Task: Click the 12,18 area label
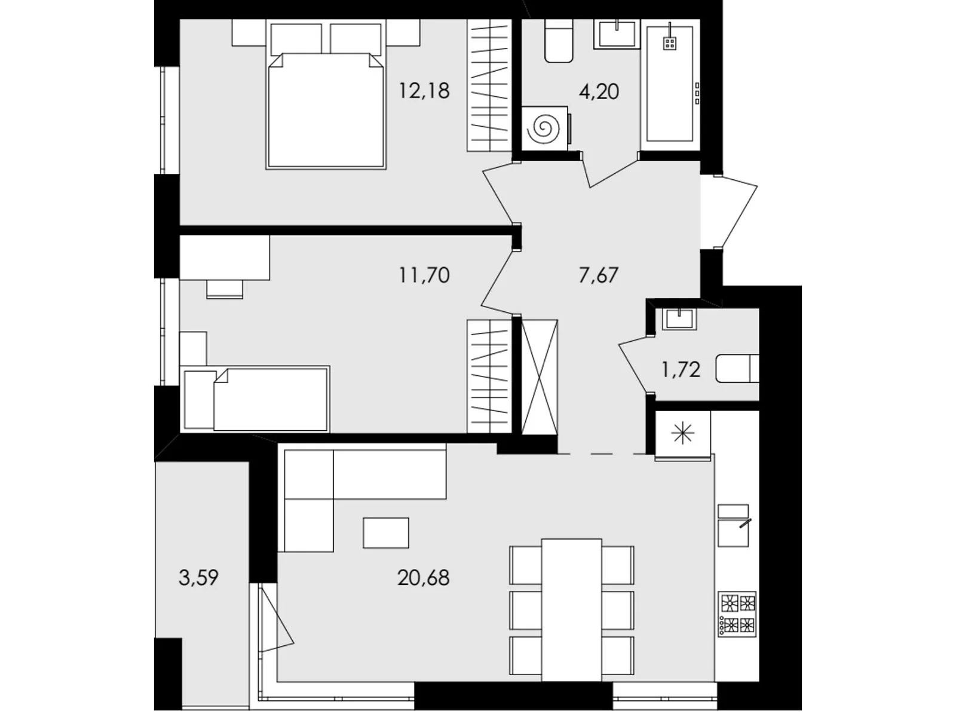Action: (x=424, y=91)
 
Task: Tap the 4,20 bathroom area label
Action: (x=599, y=91)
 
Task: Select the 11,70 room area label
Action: (x=424, y=275)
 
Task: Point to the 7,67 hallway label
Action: (x=599, y=275)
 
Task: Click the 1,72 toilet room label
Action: (x=681, y=370)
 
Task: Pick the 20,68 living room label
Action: (x=423, y=578)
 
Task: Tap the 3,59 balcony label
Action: (x=198, y=578)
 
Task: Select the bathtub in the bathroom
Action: (x=670, y=84)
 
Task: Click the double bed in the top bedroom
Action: (x=326, y=95)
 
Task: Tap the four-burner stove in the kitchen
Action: (x=737, y=614)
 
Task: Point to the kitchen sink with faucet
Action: (x=734, y=525)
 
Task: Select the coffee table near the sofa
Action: (x=386, y=532)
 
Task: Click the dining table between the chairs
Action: (x=572, y=609)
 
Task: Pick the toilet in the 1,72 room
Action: (x=737, y=369)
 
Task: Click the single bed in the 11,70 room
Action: (x=255, y=399)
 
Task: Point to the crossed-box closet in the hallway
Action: (x=539, y=377)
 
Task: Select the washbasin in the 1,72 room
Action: (x=679, y=318)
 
